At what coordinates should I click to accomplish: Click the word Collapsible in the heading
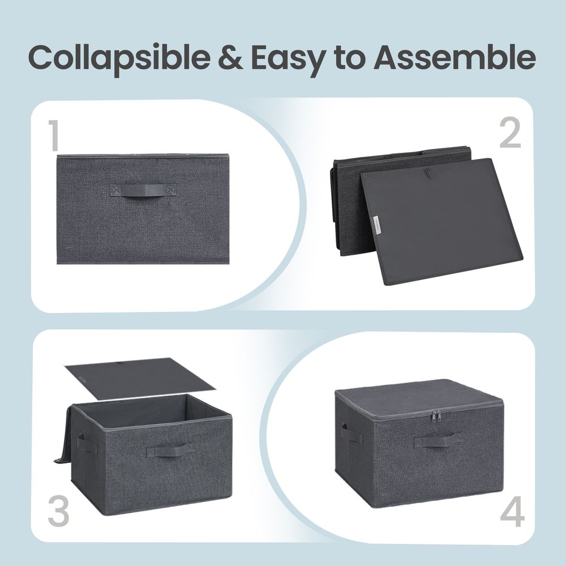click(x=119, y=58)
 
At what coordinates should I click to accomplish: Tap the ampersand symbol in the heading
click(x=231, y=58)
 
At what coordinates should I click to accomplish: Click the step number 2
click(x=511, y=134)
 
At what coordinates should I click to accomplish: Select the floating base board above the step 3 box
click(x=140, y=378)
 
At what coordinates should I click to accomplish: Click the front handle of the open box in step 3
click(x=166, y=451)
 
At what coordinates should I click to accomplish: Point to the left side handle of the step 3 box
click(x=87, y=443)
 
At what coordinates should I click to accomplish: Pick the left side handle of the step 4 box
click(x=352, y=434)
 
